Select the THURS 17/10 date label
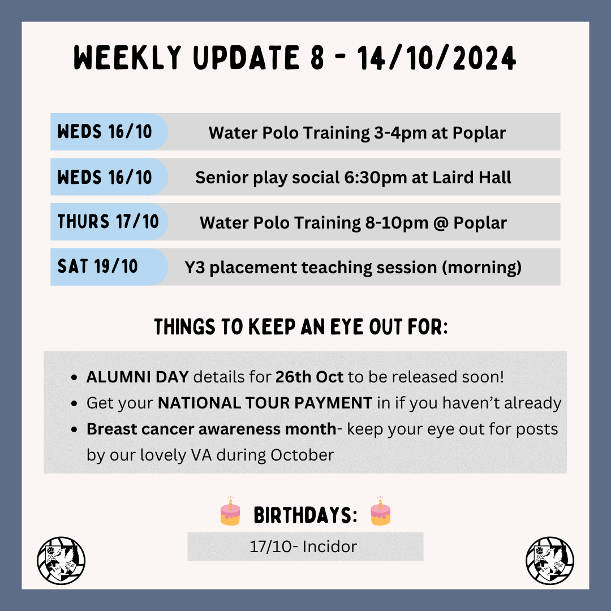pyautogui.click(x=108, y=221)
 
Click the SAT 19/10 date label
pyautogui.click(x=98, y=266)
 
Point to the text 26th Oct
pyautogui.click(x=309, y=377)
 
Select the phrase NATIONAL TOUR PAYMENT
pyautogui.click(x=265, y=403)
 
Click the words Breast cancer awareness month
pyautogui.click(x=211, y=429)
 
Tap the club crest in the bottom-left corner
pyautogui.click(x=61, y=561)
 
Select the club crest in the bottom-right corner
pyautogui.click(x=550, y=561)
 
